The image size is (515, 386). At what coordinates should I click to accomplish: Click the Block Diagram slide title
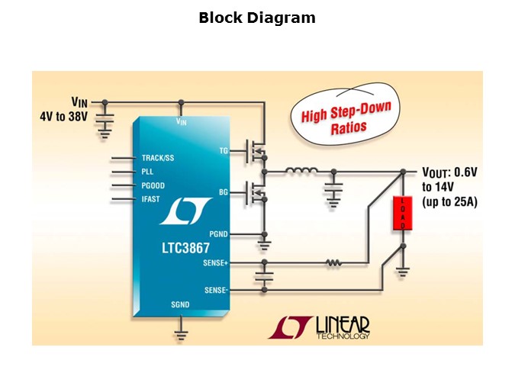(x=257, y=18)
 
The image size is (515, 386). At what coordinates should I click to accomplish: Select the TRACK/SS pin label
(x=158, y=159)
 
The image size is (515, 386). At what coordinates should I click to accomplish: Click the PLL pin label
(x=148, y=172)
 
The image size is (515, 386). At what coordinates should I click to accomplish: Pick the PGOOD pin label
(x=153, y=185)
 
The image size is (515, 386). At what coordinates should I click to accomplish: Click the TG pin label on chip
(x=224, y=150)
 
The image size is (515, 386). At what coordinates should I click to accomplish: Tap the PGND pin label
(x=218, y=233)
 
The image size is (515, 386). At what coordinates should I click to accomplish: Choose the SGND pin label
(x=181, y=304)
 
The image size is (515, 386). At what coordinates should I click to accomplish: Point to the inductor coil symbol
(x=301, y=172)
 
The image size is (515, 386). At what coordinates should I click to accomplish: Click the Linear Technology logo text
(x=342, y=327)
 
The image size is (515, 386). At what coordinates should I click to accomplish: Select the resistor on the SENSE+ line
(x=333, y=263)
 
